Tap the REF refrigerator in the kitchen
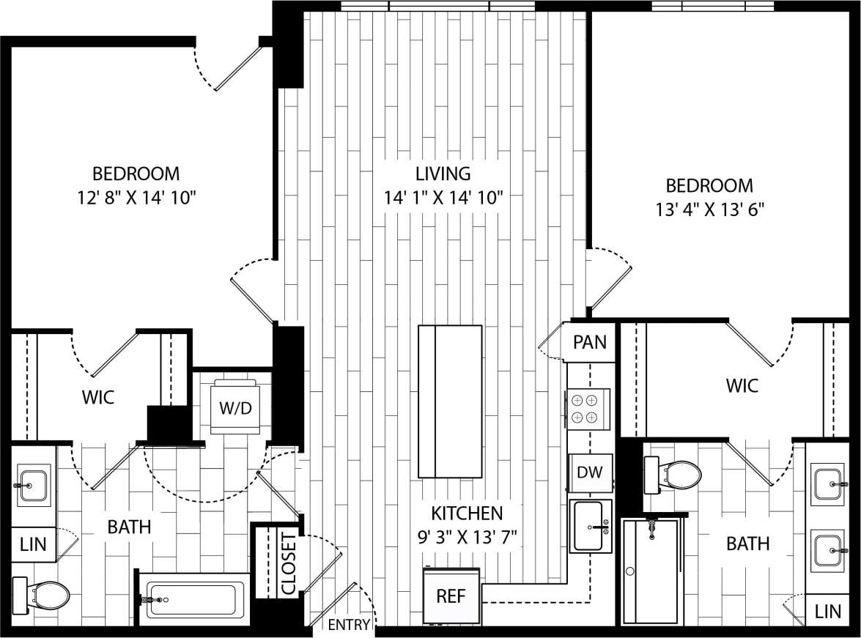pyautogui.click(x=451, y=596)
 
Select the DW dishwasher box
pyautogui.click(x=589, y=472)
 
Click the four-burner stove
pyautogui.click(x=588, y=409)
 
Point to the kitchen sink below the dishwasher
pyautogui.click(x=591, y=526)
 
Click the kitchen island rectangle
pyautogui.click(x=450, y=401)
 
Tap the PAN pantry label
pyautogui.click(x=590, y=342)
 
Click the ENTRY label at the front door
pyautogui.click(x=348, y=625)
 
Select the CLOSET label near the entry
pyautogui.click(x=289, y=564)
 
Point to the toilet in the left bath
pyautogui.click(x=42, y=595)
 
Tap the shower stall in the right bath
pyautogui.click(x=651, y=571)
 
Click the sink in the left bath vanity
pyautogui.click(x=33, y=484)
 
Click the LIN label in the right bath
pyautogui.click(x=828, y=611)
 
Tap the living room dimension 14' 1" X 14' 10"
pyautogui.click(x=443, y=197)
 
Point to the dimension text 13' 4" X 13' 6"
pyautogui.click(x=709, y=209)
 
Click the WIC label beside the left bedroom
pyautogui.click(x=97, y=397)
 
